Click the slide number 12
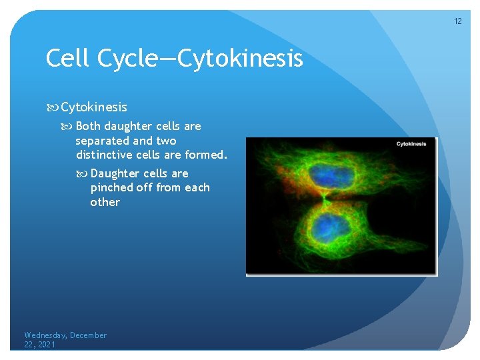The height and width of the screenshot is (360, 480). [458, 21]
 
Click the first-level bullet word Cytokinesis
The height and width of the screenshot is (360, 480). [94, 107]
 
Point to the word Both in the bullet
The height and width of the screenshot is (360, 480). [88, 126]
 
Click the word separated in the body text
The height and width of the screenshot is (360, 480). [103, 141]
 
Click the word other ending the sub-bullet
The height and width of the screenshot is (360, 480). [105, 202]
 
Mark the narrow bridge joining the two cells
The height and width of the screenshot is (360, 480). [325, 199]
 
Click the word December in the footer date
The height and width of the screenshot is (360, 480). [89, 335]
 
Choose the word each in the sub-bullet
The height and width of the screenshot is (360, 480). [197, 188]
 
